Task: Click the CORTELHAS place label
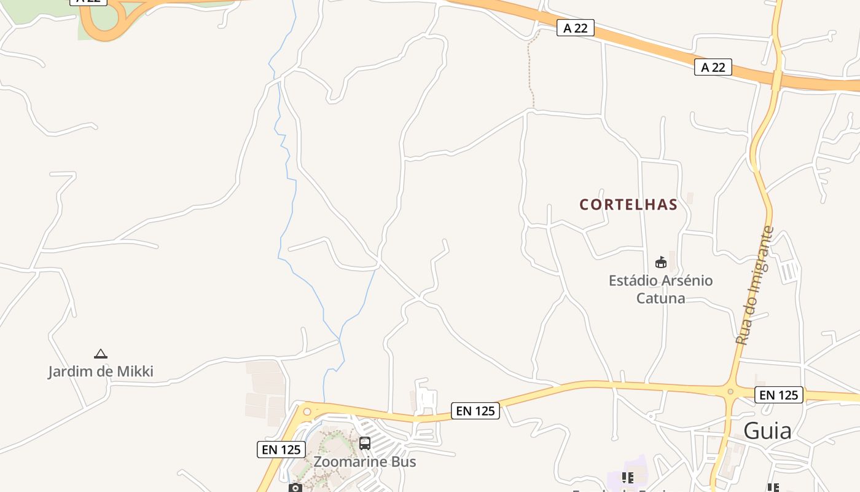click(x=628, y=205)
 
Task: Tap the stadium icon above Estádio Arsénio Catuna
click(x=661, y=263)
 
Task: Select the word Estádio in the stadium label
click(x=635, y=281)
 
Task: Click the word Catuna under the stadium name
click(x=661, y=299)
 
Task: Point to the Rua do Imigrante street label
click(x=754, y=286)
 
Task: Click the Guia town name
click(x=767, y=431)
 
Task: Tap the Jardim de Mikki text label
click(x=101, y=371)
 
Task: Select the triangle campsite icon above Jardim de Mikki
click(x=101, y=354)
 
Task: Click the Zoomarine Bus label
click(x=365, y=462)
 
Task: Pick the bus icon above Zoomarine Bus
click(x=365, y=443)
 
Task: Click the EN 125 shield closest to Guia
click(x=779, y=395)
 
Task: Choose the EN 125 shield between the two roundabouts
click(x=475, y=411)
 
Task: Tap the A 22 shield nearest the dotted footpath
click(x=576, y=28)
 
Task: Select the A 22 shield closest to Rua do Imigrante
click(x=713, y=67)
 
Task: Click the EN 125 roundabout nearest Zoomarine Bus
click(x=307, y=411)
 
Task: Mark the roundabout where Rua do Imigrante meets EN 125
click(x=730, y=391)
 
